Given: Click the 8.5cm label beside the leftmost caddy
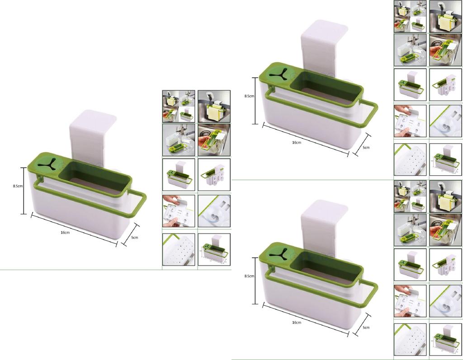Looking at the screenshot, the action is pos(18,186).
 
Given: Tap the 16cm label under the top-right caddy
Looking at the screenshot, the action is pos(297,143).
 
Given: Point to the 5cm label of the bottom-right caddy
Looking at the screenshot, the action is pos(366,327).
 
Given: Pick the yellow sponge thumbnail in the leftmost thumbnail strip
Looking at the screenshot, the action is pos(214,107).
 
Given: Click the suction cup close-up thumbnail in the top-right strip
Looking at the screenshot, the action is pos(445,121).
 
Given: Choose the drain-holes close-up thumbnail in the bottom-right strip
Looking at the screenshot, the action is pos(410,340).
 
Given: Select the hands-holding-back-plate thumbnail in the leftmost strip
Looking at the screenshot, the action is pos(179,211).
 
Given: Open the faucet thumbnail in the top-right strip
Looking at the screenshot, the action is pos(410,50).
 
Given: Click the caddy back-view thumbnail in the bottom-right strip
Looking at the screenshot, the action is pos(445,265).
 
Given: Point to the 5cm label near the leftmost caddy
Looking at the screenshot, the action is pos(135,237).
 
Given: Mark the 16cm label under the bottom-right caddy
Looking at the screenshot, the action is pos(297,323).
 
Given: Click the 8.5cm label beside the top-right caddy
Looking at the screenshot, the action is pos(249,96).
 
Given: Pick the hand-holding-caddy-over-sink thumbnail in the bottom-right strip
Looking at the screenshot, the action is pos(445,230).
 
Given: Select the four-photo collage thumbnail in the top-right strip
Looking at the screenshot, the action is pos(410,16).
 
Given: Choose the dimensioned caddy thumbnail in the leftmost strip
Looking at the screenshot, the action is pos(214,250).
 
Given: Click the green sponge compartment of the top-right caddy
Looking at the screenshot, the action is pos(326,88).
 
